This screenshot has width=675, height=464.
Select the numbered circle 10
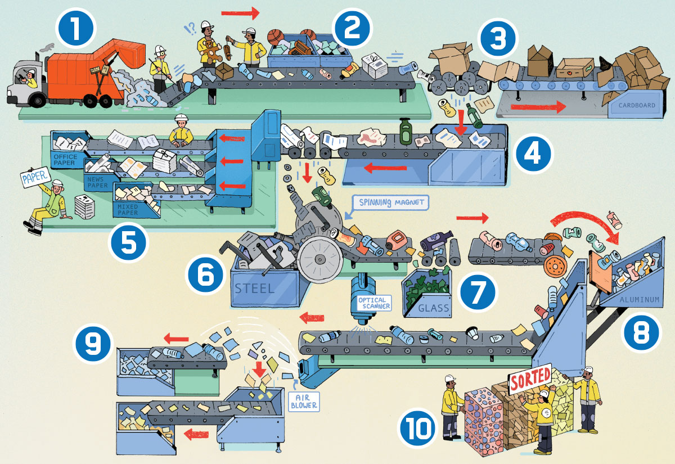click(418, 432)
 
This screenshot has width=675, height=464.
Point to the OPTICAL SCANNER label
click(373, 304)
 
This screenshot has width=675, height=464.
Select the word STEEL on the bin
click(255, 289)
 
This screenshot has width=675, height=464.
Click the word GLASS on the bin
click(434, 308)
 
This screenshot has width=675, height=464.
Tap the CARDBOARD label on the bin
click(636, 105)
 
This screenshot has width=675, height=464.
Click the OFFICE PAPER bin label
click(65, 159)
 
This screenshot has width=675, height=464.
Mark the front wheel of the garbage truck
click(37, 100)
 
